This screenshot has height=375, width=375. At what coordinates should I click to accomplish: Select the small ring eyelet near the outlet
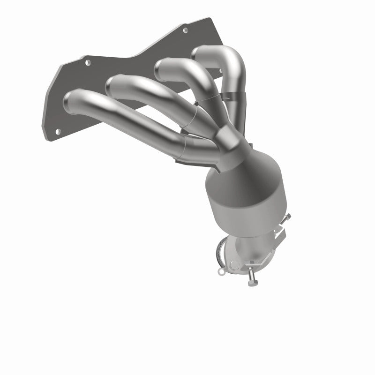[x=221, y=270]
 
